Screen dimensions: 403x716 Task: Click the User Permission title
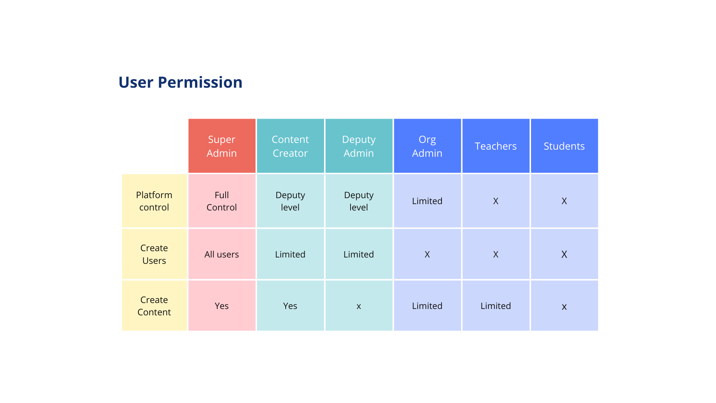pyautogui.click(x=180, y=82)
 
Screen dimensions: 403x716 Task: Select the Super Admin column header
pyautogui.click(x=222, y=146)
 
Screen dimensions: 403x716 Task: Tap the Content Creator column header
pyautogui.click(x=290, y=146)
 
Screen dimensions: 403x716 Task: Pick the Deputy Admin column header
pyautogui.click(x=359, y=146)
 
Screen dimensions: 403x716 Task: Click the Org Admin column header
pyautogui.click(x=427, y=146)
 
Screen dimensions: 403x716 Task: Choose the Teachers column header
pyautogui.click(x=496, y=146)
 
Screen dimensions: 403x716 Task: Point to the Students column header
pyautogui.click(x=564, y=146)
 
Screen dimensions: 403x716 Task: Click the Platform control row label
pyautogui.click(x=154, y=201)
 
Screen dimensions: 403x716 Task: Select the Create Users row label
pyautogui.click(x=154, y=254)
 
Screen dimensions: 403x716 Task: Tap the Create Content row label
pyautogui.click(x=154, y=306)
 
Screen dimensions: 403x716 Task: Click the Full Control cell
pyautogui.click(x=222, y=201)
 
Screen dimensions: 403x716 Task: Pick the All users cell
pyautogui.click(x=222, y=254)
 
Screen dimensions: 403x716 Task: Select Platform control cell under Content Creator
pyautogui.click(x=290, y=201)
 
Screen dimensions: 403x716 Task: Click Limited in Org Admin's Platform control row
pyautogui.click(x=427, y=201)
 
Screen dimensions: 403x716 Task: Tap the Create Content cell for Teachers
pyautogui.click(x=496, y=306)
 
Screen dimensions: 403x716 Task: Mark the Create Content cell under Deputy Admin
pyautogui.click(x=359, y=306)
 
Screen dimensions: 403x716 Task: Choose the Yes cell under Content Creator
pyautogui.click(x=290, y=306)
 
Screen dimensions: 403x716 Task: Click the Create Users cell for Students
pyautogui.click(x=564, y=254)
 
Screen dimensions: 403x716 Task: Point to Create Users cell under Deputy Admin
pyautogui.click(x=359, y=254)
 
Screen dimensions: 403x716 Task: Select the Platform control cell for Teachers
pyautogui.click(x=496, y=201)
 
